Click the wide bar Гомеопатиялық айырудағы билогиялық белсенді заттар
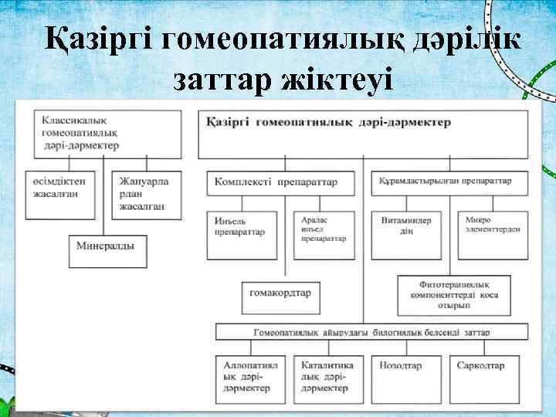371,332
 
